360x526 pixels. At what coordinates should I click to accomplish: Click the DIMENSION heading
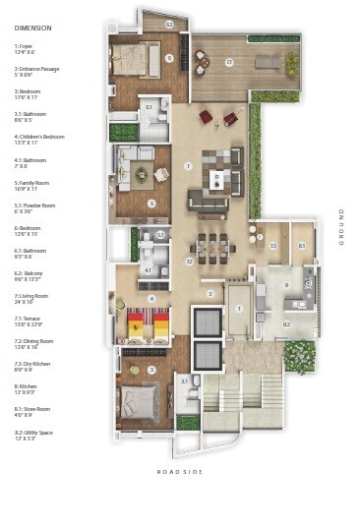click(x=33, y=40)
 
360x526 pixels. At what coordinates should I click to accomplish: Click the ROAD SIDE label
click(x=179, y=472)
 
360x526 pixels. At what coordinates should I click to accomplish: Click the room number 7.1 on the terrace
click(x=229, y=62)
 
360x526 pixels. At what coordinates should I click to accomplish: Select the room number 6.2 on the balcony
click(x=168, y=24)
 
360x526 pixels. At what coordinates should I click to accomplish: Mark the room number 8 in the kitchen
click(x=286, y=286)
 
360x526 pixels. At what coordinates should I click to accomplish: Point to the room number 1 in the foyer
click(x=238, y=309)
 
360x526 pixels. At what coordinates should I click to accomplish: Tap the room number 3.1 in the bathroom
click(x=184, y=380)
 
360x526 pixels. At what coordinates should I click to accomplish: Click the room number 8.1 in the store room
click(x=302, y=245)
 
